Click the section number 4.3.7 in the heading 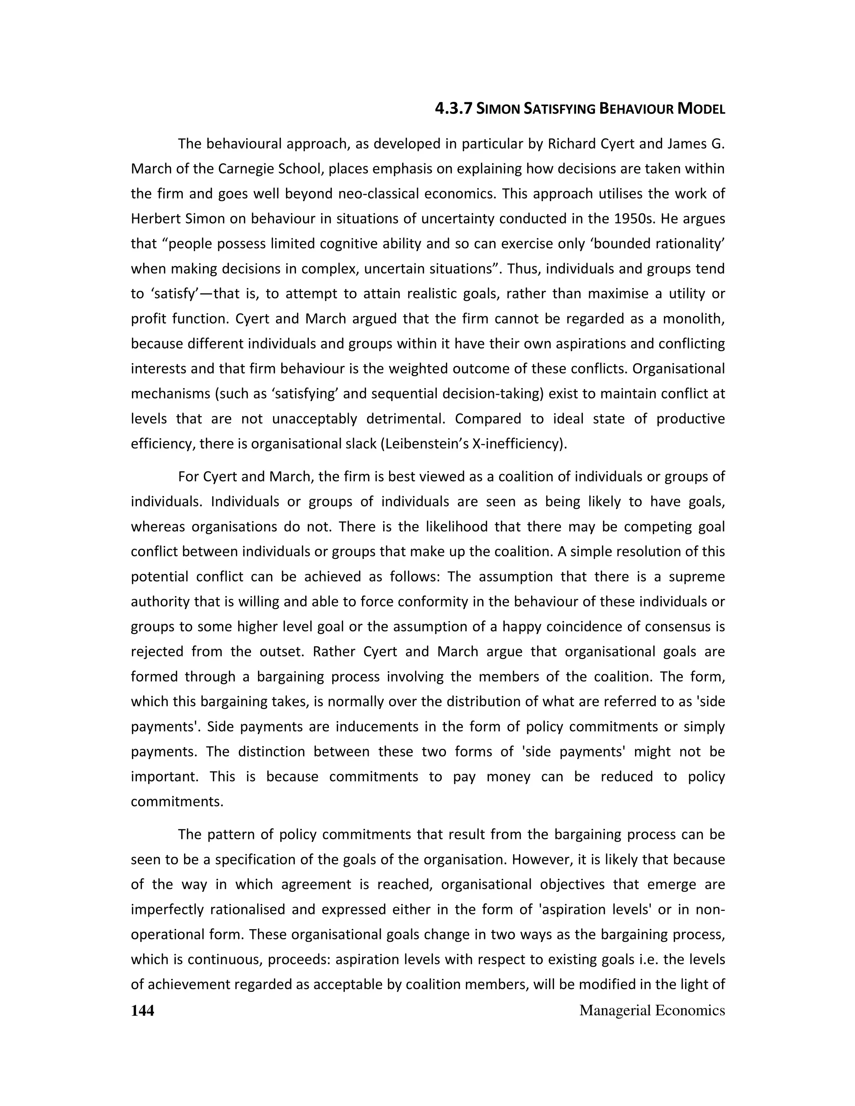tap(454, 109)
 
